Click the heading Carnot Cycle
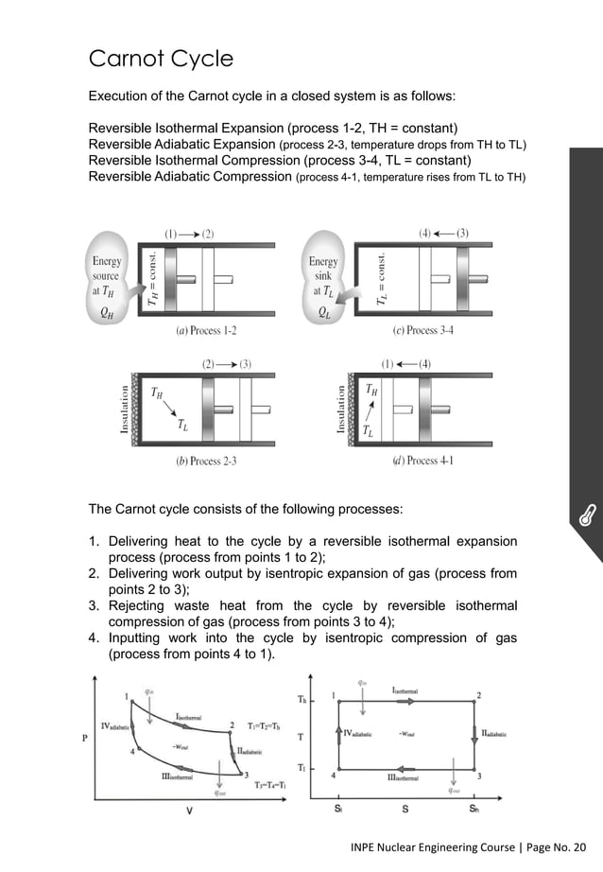tap(160, 59)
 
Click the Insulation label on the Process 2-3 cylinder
tap(124, 409)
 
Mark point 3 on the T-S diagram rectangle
tap(479, 776)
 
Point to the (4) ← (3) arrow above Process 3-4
tap(443, 232)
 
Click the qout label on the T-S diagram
tap(457, 791)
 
